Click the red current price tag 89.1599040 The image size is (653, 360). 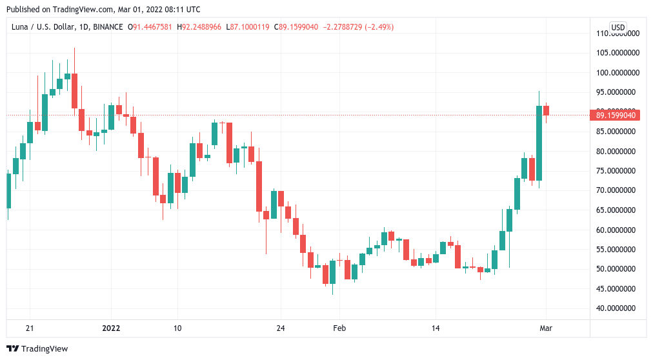pos(616,115)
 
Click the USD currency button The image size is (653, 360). pos(618,27)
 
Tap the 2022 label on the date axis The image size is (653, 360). pos(111,328)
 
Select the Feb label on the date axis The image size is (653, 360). pos(339,328)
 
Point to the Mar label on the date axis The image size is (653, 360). pos(546,328)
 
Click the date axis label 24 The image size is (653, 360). pos(280,328)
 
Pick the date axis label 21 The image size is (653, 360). pos(29,328)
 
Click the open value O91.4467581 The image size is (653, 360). pos(152,27)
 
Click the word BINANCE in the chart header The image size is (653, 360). pos(108,27)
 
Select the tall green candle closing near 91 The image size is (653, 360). pos(539,143)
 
